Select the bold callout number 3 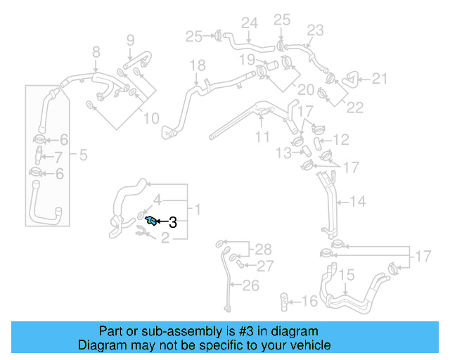coord(172,223)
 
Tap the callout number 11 coord(262,136)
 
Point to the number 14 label coord(357,202)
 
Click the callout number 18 coord(198,65)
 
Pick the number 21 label coord(379,79)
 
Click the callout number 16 coord(309,302)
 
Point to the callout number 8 coord(96,51)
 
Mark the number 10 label coord(151,118)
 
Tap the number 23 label coord(315,30)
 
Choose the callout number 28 coord(262,249)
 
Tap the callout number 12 coord(340,140)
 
